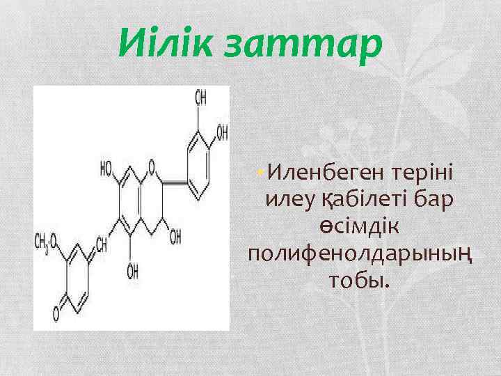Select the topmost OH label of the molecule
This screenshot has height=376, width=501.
coord(200,98)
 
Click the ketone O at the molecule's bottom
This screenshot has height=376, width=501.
coord(56,304)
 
